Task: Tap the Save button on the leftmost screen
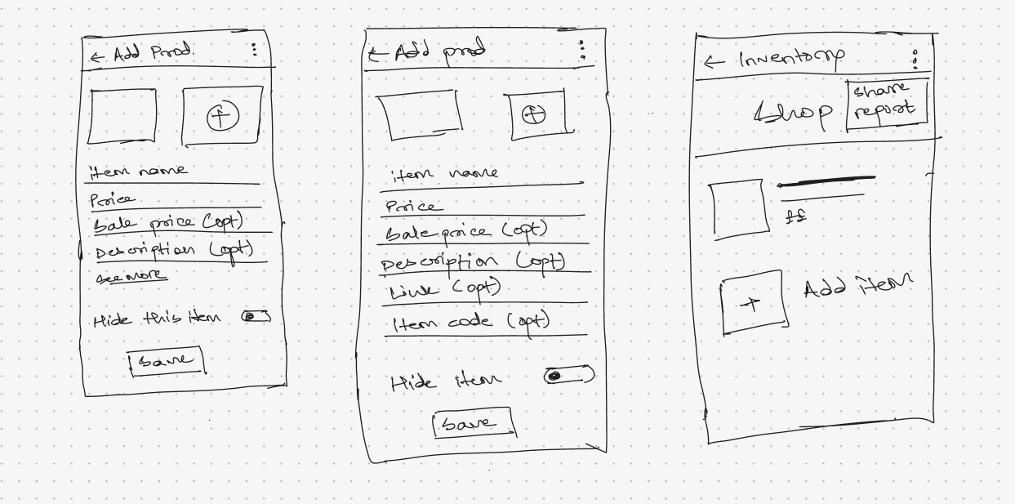click(x=166, y=360)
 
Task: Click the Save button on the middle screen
click(x=473, y=423)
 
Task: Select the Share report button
click(x=886, y=101)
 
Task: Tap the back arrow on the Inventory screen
click(x=714, y=62)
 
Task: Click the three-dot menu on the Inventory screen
click(x=915, y=59)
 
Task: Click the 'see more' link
click(x=131, y=277)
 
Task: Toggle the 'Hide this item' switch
click(x=256, y=316)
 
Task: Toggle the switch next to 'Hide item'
click(x=568, y=376)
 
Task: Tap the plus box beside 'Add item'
click(x=754, y=305)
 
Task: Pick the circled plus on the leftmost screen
click(x=222, y=118)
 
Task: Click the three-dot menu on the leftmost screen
click(x=254, y=50)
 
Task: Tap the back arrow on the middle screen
click(x=376, y=55)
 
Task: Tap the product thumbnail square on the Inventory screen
click(x=739, y=210)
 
